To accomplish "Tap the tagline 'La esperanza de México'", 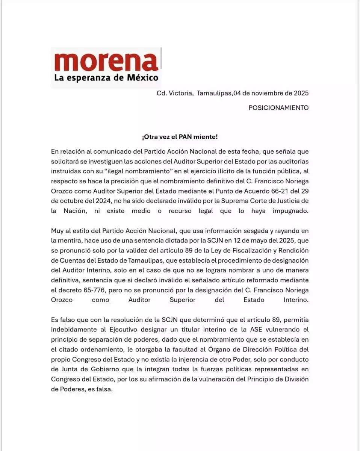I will point(106,78).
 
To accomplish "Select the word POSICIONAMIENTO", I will point(278,108).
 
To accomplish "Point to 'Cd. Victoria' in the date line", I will point(174,93).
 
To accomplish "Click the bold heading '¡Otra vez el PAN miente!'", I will point(180,137).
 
